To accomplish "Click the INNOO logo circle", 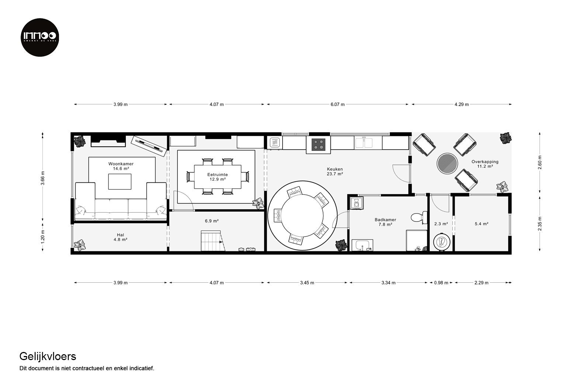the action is [40, 37].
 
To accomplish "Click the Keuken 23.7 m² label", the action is [335, 171].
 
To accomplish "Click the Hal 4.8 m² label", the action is [120, 237].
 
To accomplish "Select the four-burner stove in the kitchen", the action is [318, 145].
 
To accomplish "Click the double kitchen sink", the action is [364, 143].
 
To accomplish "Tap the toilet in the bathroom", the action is [419, 217].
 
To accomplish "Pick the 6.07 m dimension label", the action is [337, 104].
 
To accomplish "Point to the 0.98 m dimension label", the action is [441, 283].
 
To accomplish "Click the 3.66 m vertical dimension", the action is [43, 178].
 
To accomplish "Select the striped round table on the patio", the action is [447, 163].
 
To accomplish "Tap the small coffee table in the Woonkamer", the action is [120, 182].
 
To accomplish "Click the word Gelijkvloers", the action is [48, 356].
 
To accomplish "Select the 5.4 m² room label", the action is [481, 224].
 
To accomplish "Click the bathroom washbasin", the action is [363, 245].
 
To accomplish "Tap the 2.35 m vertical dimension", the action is [540, 224].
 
